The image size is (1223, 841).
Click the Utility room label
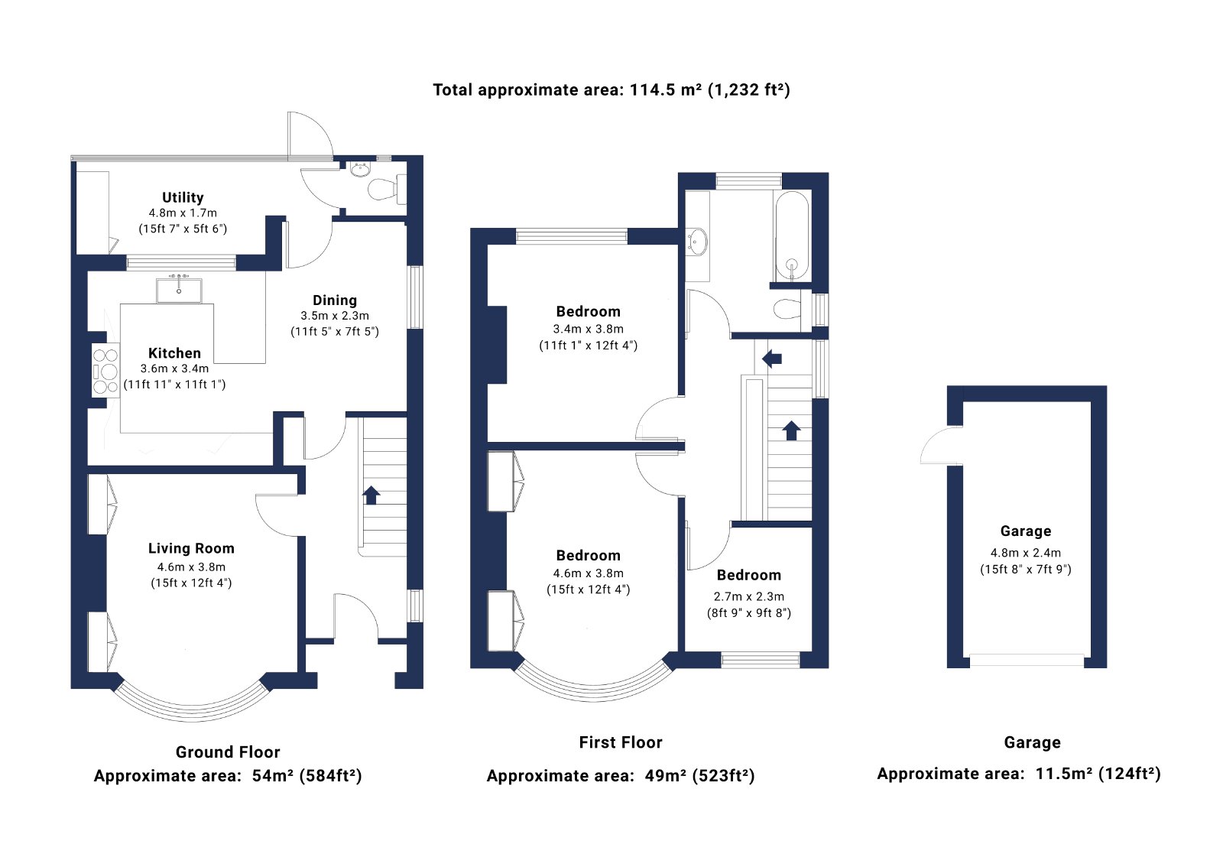pyautogui.click(x=183, y=197)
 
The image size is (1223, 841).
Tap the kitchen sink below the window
pyautogui.click(x=179, y=290)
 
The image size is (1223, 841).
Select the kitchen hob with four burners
pyautogui.click(x=105, y=372)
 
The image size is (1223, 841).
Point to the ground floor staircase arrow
pyautogui.click(x=371, y=495)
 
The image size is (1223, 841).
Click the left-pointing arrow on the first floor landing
pyautogui.click(x=772, y=359)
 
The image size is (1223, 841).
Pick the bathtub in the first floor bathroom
pyautogui.click(x=792, y=236)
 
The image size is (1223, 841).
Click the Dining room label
pyautogui.click(x=335, y=300)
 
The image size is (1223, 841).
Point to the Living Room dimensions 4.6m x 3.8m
pyautogui.click(x=191, y=567)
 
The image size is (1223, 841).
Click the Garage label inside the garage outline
pyautogui.click(x=1025, y=531)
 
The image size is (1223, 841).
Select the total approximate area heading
pyautogui.click(x=611, y=89)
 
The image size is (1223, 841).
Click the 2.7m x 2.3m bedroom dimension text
pyautogui.click(x=748, y=596)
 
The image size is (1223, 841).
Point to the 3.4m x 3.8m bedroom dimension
pyautogui.click(x=588, y=329)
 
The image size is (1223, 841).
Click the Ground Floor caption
pyautogui.click(x=228, y=752)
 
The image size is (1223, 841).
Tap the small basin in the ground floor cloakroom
pyautogui.click(x=360, y=169)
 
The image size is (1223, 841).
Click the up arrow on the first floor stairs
pyautogui.click(x=791, y=430)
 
